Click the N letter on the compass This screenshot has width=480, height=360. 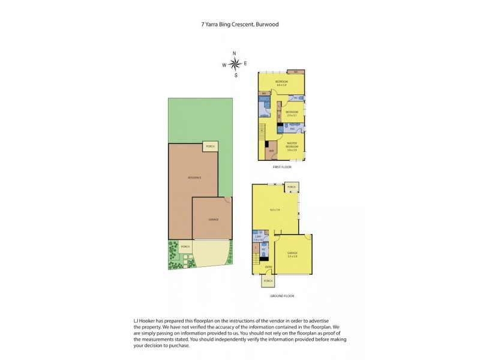[235, 53]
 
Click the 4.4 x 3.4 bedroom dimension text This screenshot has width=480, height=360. [281, 85]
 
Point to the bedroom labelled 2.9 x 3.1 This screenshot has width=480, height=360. [292, 113]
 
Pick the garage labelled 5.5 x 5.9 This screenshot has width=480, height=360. [292, 254]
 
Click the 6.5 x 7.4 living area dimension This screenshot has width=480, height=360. [275, 209]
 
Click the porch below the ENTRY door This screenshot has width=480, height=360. [268, 280]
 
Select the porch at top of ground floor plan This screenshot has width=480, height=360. [292, 187]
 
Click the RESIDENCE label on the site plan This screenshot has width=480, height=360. [194, 178]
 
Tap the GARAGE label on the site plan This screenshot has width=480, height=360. [213, 220]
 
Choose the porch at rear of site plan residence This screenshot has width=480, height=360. [210, 146]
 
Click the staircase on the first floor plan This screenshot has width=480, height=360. [262, 130]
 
